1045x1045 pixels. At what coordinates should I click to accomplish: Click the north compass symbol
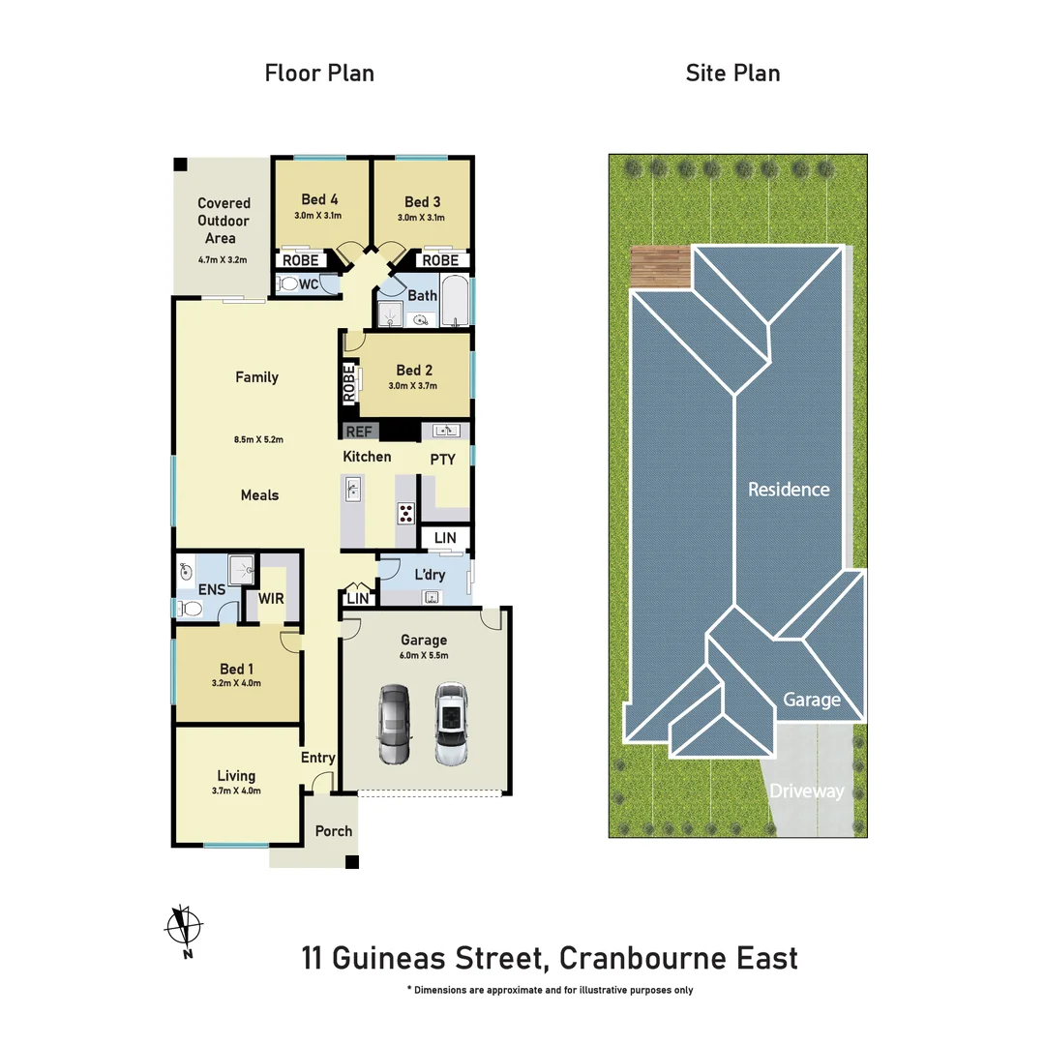coord(184,928)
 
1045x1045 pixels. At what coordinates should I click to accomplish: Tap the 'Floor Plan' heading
coord(319,73)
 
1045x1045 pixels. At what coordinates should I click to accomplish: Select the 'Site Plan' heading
coord(732,73)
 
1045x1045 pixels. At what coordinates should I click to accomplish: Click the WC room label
coord(308,284)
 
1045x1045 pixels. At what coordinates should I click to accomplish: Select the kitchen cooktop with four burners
coord(405,513)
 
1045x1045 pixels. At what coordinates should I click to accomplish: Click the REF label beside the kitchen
coord(358,432)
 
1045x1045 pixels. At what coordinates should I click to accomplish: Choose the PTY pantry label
coord(442,460)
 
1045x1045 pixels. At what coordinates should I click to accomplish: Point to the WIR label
coord(271,599)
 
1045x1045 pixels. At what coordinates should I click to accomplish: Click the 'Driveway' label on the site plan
coord(807,791)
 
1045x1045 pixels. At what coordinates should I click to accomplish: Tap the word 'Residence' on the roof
coord(789,490)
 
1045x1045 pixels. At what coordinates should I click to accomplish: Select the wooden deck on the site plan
coord(659,267)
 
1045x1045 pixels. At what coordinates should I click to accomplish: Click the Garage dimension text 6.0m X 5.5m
coord(424,655)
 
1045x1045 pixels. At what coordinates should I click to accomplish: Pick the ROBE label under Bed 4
coord(300,260)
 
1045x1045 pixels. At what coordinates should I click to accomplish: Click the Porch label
coord(334,831)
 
